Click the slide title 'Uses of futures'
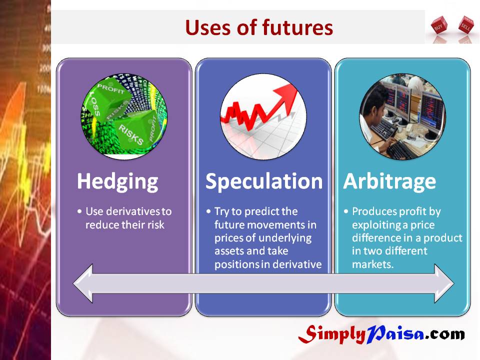[x=259, y=27]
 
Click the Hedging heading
[x=117, y=182]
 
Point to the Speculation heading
[x=264, y=181]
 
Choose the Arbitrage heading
[x=389, y=181]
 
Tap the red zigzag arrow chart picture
[x=263, y=116]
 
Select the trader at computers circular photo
[x=402, y=116]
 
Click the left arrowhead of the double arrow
[x=82, y=284]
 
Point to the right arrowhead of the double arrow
[x=444, y=284]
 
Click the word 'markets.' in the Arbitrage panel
[x=372, y=264]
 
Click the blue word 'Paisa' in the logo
[x=395, y=333]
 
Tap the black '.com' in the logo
[x=445, y=334]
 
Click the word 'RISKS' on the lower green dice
[x=130, y=134]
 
